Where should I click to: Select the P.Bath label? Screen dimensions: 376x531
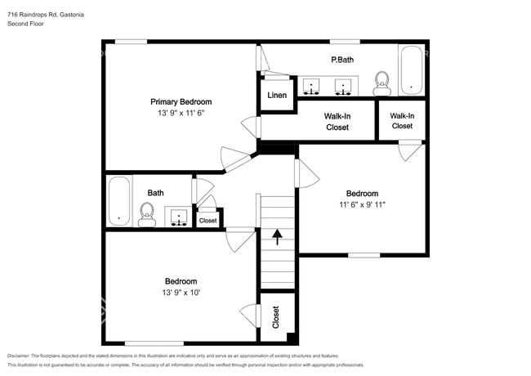341,60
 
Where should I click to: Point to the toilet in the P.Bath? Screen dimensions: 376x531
381,82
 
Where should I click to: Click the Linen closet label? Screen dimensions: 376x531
277,96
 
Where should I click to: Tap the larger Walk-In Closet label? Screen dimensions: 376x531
337,122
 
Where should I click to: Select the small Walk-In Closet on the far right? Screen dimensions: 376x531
402,121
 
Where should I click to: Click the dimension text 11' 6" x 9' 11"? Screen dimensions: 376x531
362,204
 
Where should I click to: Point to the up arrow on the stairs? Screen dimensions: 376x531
277,237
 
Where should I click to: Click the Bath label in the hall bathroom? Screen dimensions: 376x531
155,193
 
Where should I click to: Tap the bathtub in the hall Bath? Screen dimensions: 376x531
119,202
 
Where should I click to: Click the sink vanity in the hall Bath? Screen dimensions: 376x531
178,217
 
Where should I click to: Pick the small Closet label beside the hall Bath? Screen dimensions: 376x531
208,220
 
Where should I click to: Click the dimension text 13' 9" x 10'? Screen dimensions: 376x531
181,292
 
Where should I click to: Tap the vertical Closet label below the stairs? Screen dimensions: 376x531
275,316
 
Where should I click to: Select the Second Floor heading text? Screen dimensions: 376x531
26,25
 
